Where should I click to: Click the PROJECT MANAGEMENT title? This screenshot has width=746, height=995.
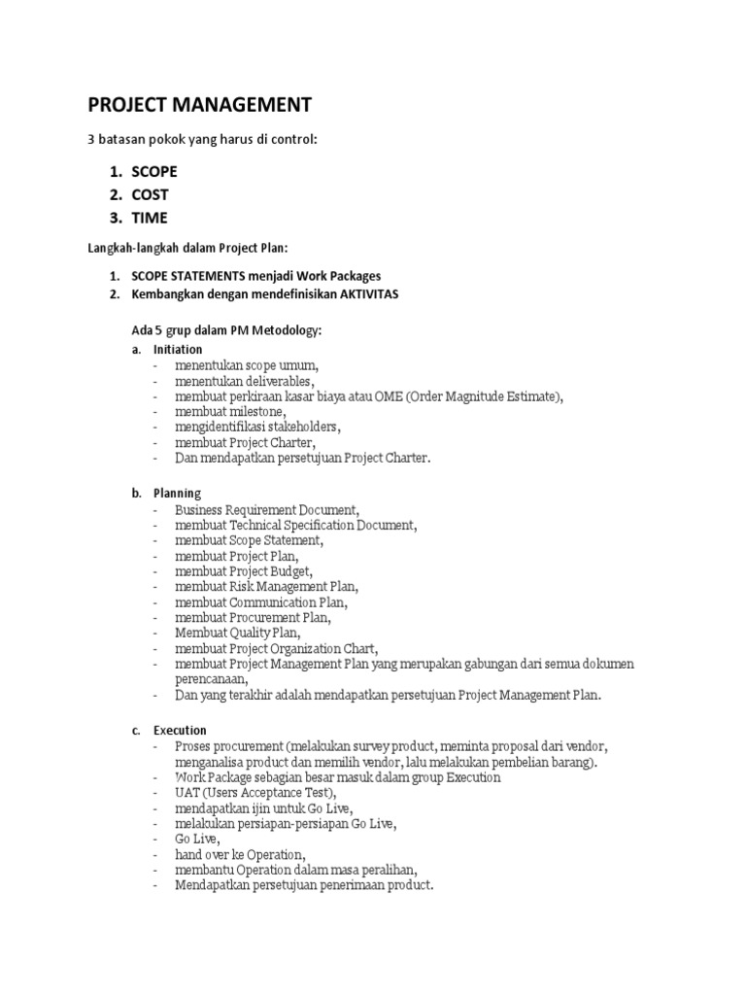click(x=200, y=104)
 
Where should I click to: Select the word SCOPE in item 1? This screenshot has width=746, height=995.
click(x=154, y=171)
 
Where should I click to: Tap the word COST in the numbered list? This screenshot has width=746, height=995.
click(x=151, y=194)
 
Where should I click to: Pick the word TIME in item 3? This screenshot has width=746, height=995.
click(x=150, y=218)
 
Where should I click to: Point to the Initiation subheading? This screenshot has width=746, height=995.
click(x=178, y=349)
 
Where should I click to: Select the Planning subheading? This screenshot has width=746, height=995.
click(x=177, y=493)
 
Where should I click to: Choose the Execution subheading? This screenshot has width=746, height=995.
click(x=180, y=730)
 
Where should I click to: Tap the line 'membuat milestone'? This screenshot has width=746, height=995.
click(x=230, y=411)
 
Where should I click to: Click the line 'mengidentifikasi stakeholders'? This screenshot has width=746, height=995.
click(x=257, y=427)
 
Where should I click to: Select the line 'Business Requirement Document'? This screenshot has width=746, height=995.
click(x=267, y=508)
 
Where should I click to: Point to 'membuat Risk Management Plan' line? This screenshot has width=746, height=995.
click(x=266, y=586)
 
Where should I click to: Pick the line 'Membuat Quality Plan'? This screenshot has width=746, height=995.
click(x=237, y=633)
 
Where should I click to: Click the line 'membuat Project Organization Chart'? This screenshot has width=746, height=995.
click(x=276, y=648)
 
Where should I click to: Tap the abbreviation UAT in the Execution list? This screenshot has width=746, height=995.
click(x=188, y=792)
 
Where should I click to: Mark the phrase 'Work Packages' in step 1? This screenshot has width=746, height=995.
click(x=339, y=276)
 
